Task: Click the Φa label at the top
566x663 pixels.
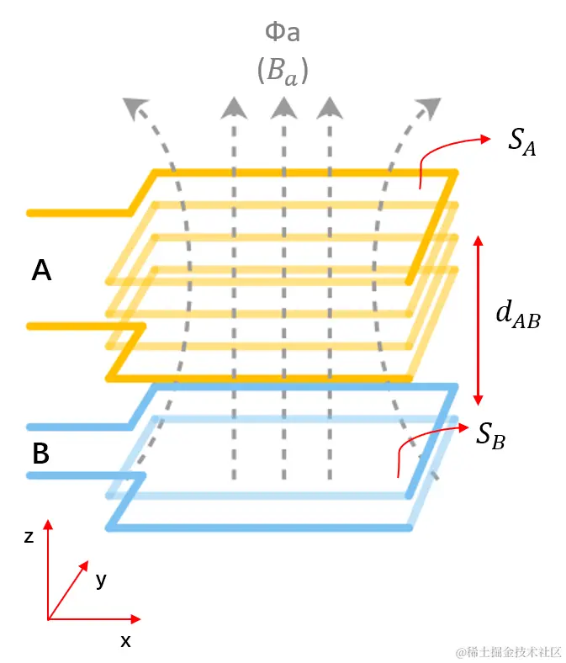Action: tap(283, 34)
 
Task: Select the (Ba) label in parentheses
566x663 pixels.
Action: tap(283, 72)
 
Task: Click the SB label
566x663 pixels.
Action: tap(490, 434)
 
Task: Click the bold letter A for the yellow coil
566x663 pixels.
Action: tap(41, 271)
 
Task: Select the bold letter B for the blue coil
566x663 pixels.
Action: tap(40, 454)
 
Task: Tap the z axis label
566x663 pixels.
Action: tap(29, 536)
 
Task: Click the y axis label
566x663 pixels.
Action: tap(101, 580)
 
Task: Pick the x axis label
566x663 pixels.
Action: tap(125, 641)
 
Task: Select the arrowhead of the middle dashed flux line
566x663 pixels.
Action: tap(283, 106)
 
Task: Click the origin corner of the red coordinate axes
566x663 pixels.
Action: tap(49, 620)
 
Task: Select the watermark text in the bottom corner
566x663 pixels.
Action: tap(509, 651)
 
